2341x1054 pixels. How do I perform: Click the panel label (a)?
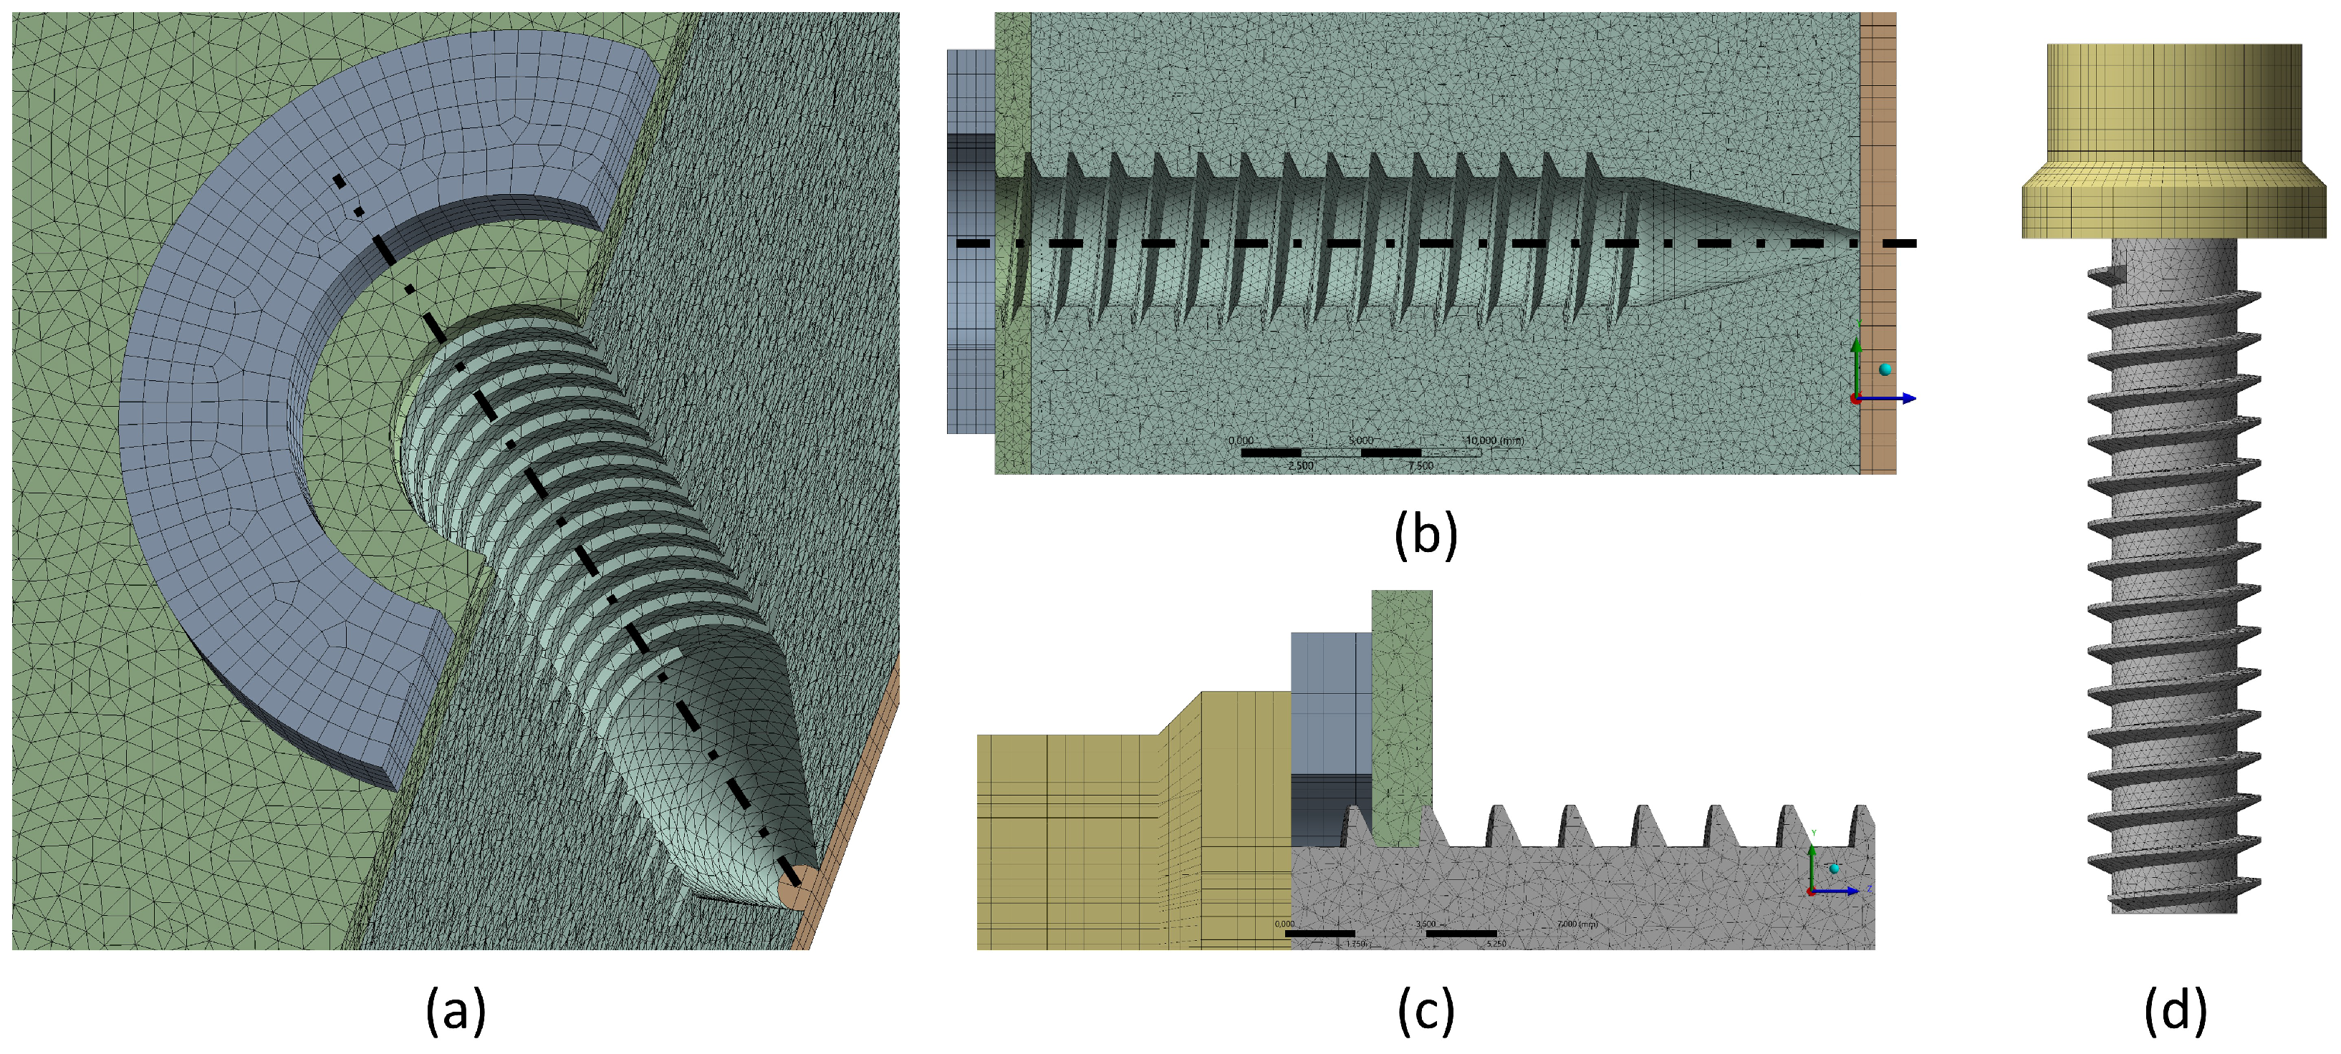(x=456, y=1010)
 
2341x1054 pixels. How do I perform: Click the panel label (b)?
(x=1425, y=533)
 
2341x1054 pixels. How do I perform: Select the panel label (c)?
(x=1425, y=1010)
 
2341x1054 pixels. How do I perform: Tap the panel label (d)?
(x=2175, y=1010)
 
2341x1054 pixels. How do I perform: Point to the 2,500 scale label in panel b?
(x=1300, y=465)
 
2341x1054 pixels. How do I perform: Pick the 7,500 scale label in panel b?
(x=1421, y=465)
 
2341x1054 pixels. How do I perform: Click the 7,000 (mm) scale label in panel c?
(x=1577, y=924)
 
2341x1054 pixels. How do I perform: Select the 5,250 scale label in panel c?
(x=1496, y=944)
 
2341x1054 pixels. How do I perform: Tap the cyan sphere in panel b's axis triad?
(x=1885, y=369)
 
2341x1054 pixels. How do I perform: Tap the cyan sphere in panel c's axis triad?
(x=1834, y=869)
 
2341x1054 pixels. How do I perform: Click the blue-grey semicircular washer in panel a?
(x=236, y=364)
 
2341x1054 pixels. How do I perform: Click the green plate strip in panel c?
(x=1401, y=709)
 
